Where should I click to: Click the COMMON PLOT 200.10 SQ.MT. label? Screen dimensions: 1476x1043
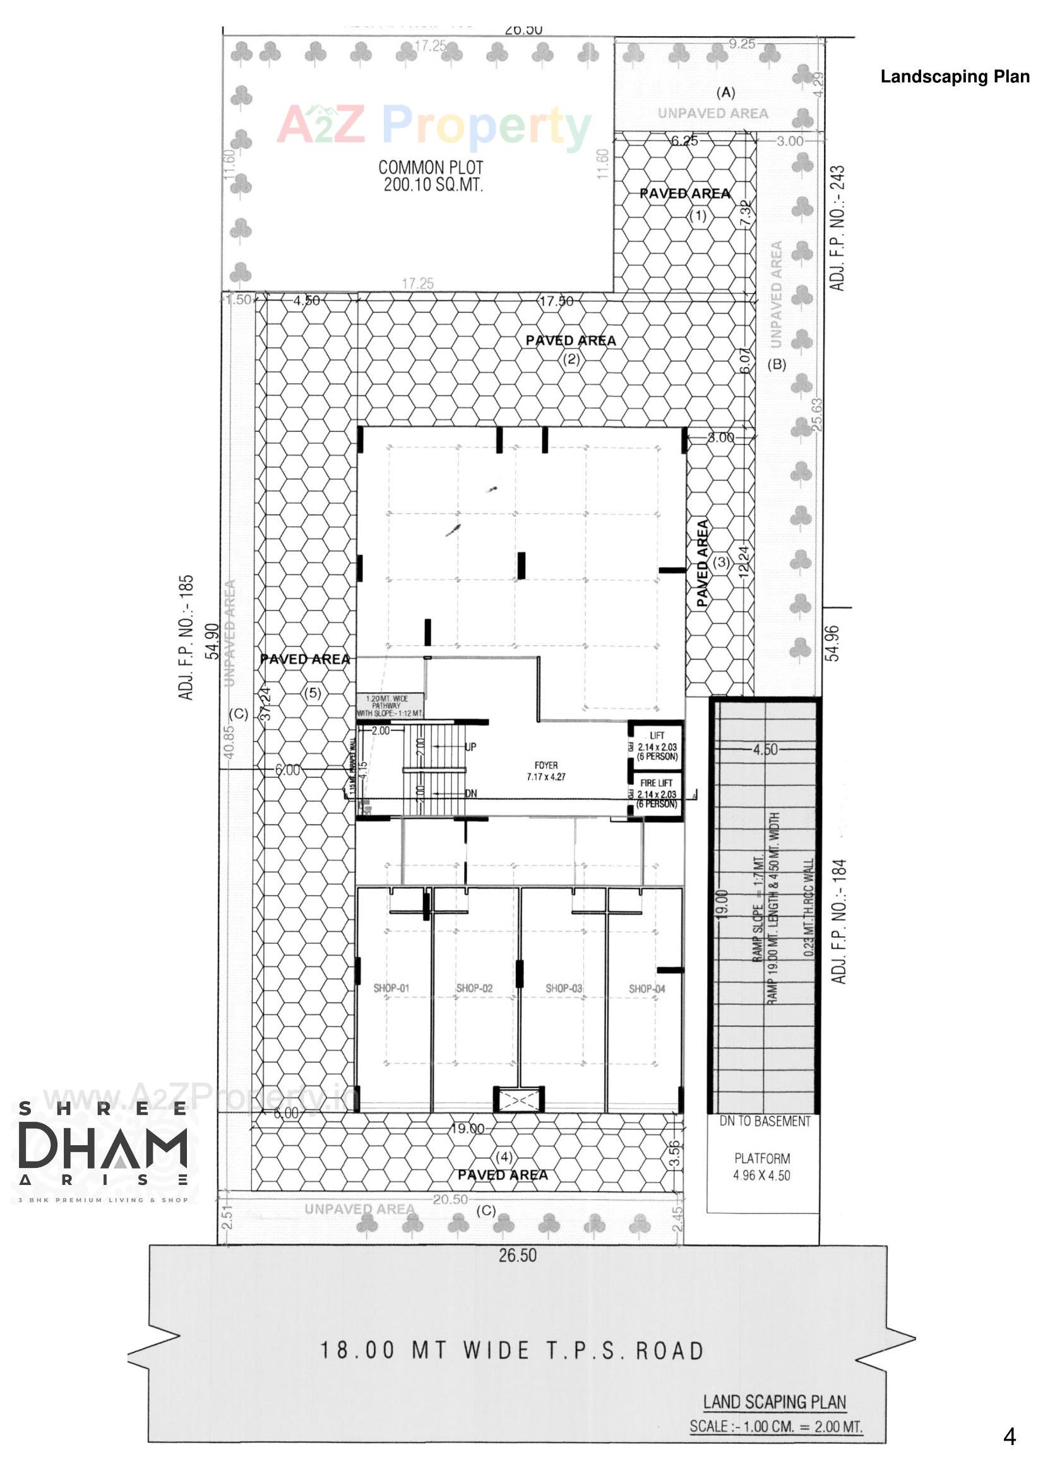point(431,176)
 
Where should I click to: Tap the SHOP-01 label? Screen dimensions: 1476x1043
point(391,988)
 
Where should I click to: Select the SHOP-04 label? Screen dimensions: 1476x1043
point(647,989)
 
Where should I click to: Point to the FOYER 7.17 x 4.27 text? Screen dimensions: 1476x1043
point(546,771)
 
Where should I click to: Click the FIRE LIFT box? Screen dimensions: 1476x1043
point(657,794)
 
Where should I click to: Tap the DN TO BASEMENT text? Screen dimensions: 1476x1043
point(765,1122)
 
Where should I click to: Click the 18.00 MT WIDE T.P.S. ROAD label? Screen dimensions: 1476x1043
point(512,1350)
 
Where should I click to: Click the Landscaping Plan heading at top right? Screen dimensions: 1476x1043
point(954,76)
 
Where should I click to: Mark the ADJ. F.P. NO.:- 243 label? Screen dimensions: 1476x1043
point(837,228)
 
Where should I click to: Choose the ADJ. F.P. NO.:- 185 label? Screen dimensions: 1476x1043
point(186,637)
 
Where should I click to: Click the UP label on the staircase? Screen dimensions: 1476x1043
point(471,747)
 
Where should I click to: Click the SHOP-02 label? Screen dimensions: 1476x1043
point(475,988)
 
